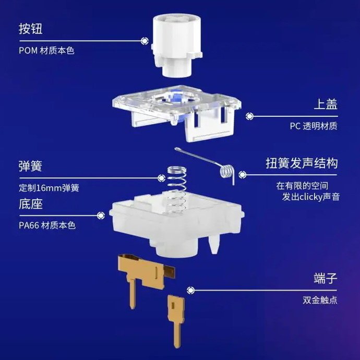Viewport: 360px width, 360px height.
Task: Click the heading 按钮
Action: tap(31, 29)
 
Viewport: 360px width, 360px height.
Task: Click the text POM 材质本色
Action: tap(46, 51)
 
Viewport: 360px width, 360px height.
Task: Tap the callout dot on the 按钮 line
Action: tap(145, 41)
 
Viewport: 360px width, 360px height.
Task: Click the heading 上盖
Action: tap(326, 104)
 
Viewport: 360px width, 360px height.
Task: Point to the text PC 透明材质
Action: tap(314, 126)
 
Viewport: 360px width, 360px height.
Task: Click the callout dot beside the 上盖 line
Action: tap(249, 116)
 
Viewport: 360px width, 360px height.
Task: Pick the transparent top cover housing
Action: tap(177, 113)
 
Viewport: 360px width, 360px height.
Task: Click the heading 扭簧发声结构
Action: tap(302, 163)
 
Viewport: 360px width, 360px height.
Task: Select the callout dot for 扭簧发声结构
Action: tap(243, 175)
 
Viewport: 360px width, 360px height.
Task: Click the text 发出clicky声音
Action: tap(310, 197)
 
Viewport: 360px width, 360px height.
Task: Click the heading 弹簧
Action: tap(31, 166)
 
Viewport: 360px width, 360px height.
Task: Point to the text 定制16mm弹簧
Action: tap(49, 188)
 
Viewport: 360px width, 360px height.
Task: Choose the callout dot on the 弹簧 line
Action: tap(161, 178)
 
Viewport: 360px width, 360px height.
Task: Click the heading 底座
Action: tap(31, 203)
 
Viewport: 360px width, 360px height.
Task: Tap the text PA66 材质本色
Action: tap(47, 225)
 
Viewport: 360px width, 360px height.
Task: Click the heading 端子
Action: tap(326, 278)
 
